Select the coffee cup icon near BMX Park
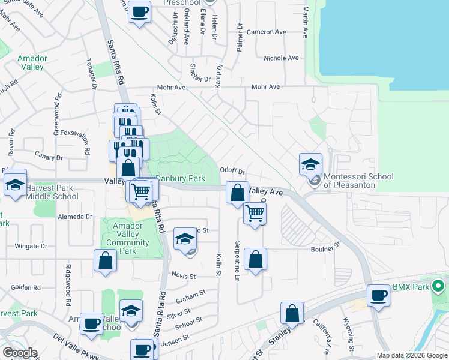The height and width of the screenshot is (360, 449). [x=379, y=295]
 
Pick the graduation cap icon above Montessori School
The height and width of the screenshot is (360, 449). [x=311, y=164]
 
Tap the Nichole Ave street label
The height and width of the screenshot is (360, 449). [x=282, y=58]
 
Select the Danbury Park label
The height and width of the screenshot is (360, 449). [x=181, y=178]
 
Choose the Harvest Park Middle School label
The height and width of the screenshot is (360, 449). [x=52, y=191]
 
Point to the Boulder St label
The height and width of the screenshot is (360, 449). [x=325, y=245]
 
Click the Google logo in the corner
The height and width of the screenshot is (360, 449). [x=20, y=352]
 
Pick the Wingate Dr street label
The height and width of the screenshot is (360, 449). [x=31, y=246]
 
